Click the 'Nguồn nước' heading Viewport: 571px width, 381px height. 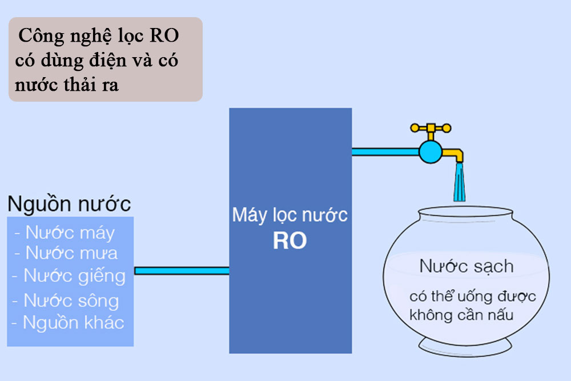pos(69,204)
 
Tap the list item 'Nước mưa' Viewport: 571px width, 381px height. pos(65,252)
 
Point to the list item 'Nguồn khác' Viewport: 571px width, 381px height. pos(68,323)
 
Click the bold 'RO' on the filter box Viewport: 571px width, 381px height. pos(289,240)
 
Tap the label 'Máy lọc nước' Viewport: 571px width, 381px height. pos(289,216)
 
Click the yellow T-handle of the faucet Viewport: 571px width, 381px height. pos(431,128)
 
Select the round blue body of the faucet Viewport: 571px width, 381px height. pos(431,151)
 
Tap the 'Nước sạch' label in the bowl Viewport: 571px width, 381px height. pos(467,266)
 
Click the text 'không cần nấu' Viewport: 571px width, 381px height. pos(461,315)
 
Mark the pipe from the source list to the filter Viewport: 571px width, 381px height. pos(182,271)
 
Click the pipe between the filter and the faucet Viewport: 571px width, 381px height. pos(385,151)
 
